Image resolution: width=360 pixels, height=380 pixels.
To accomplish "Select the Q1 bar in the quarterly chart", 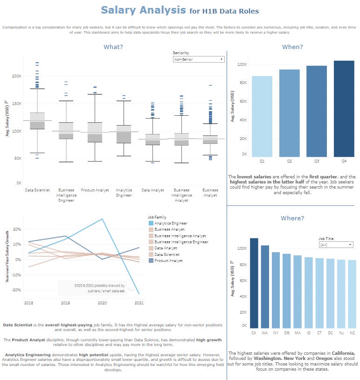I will coord(262,116).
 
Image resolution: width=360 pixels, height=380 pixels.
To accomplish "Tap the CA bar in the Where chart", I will coord(254,282).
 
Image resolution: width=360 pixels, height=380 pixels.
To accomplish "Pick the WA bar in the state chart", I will coord(264,286).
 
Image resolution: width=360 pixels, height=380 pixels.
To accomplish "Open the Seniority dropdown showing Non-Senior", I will coord(198,59).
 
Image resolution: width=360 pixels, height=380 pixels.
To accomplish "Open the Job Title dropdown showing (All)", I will coord(336,245).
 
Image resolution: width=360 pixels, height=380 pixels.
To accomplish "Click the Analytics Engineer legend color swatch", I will coord(150,223).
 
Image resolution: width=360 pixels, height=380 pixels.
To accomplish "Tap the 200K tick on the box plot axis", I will coord(16,76).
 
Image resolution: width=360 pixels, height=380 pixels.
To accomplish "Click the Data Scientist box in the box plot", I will coord(37,120).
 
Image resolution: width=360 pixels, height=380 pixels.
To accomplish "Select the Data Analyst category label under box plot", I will coord(152,190).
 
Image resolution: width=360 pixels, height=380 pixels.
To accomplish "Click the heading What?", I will coord(113,47).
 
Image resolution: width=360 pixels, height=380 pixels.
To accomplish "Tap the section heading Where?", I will coord(292,218).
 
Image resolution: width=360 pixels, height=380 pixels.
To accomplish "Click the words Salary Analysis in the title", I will coord(143,10).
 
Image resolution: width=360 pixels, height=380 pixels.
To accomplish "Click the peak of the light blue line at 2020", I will coord(102,218).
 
